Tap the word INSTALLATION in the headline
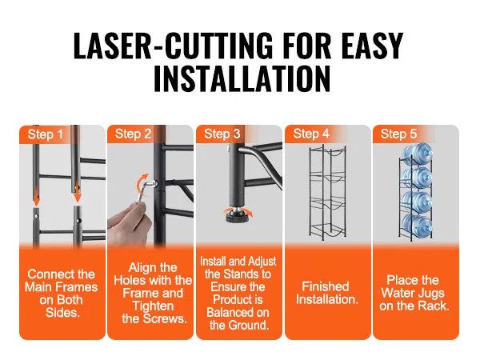click(x=242, y=78)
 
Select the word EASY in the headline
click(x=372, y=46)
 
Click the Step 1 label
click(x=46, y=134)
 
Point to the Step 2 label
click(x=133, y=134)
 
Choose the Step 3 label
click(x=222, y=134)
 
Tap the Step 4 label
click(x=311, y=134)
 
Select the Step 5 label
click(x=398, y=134)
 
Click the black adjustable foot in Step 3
click(x=236, y=214)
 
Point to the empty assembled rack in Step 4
click(x=327, y=191)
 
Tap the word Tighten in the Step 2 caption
click(x=153, y=306)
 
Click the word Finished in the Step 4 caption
click(x=326, y=286)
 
